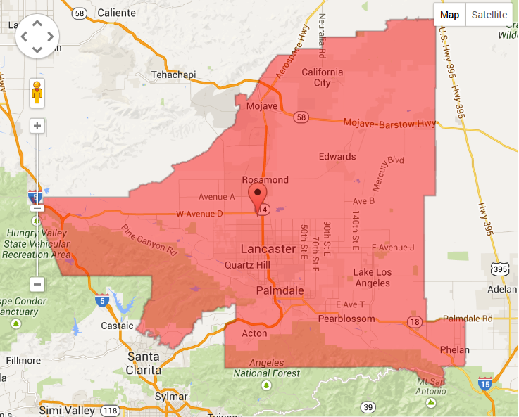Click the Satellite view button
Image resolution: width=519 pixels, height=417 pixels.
coord(489,15)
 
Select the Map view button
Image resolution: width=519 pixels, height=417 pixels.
coord(449,15)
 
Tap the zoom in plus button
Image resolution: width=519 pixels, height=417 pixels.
coord(38,126)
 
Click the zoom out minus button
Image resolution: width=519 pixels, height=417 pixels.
coord(38,284)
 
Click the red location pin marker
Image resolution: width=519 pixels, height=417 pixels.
coord(258,193)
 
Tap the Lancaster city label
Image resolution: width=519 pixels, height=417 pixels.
coord(268,249)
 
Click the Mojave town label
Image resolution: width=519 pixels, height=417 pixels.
coord(262,106)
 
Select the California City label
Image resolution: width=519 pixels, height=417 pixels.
coord(323,77)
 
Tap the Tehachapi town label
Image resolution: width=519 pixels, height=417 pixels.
coord(173,75)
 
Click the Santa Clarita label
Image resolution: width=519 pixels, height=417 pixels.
coord(144,363)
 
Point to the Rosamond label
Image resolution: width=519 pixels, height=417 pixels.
coord(265,180)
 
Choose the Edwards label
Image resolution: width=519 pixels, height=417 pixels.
coord(337,157)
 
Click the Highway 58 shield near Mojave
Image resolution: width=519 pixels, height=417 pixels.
coord(302,116)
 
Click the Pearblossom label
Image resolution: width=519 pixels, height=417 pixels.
coord(344,318)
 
